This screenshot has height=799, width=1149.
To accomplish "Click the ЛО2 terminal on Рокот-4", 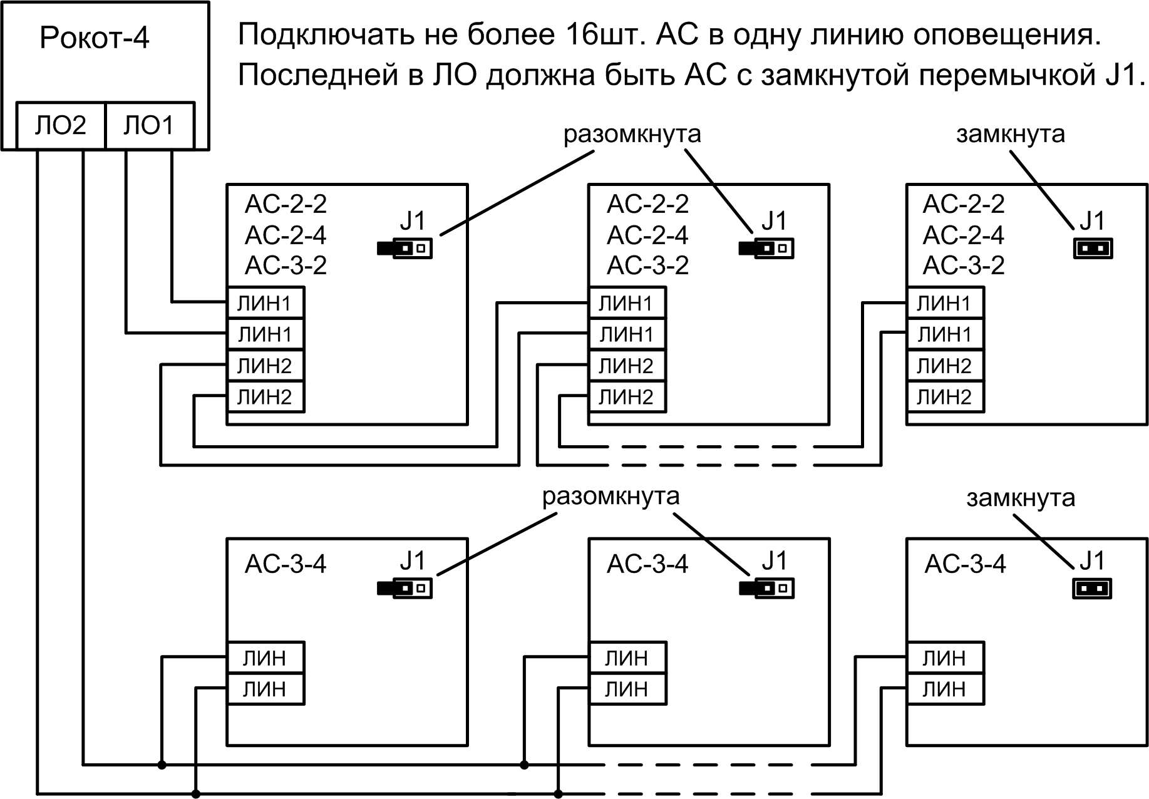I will click(x=60, y=126).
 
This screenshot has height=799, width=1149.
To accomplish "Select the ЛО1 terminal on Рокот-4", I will click(x=149, y=126).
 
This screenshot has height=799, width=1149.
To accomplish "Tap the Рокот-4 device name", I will click(x=94, y=38).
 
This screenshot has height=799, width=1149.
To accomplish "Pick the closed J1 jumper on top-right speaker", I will click(x=1093, y=249).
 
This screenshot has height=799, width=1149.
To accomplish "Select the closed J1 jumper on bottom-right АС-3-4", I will click(x=1093, y=589).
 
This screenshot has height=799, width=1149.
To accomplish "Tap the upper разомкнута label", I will click(x=632, y=134).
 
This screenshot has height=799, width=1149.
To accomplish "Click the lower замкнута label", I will click(x=1021, y=498).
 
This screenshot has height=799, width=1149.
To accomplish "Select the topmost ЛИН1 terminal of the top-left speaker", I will click(x=265, y=303).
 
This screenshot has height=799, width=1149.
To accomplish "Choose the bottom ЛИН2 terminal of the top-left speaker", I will click(x=265, y=396).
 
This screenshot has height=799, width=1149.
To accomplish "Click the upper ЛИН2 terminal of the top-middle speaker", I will click(x=626, y=365).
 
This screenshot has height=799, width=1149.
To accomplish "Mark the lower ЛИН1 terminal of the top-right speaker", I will click(x=944, y=334).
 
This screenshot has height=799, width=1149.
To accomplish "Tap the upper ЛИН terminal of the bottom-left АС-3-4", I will click(x=265, y=657).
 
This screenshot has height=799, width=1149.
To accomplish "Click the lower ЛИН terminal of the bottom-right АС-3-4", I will click(x=944, y=689).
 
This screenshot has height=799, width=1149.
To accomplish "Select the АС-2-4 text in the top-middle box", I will click(x=647, y=235).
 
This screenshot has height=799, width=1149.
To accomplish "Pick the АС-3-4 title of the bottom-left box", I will click(x=286, y=564).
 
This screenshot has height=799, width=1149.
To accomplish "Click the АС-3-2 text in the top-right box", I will click(x=964, y=265).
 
